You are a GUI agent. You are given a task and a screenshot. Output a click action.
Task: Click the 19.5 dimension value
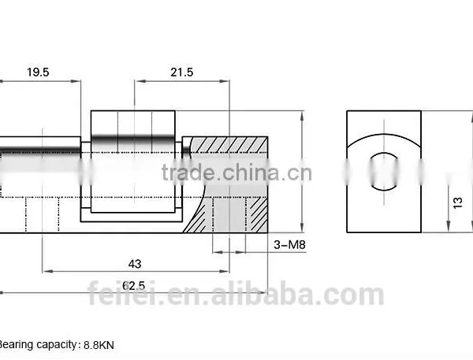click(x=38, y=72)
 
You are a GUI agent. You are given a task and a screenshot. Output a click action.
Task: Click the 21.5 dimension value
click(x=181, y=72)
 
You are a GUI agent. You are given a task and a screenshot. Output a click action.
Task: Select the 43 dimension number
click(x=135, y=264)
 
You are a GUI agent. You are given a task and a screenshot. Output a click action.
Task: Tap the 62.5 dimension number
click(x=134, y=285)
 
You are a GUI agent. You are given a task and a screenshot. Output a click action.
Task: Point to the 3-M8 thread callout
click(x=289, y=244)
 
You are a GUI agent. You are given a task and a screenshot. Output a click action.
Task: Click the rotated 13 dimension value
click(x=457, y=202)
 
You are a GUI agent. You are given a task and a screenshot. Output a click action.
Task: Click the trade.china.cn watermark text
click(x=236, y=173)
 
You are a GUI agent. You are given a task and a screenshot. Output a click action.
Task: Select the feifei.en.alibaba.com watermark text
click(x=236, y=293)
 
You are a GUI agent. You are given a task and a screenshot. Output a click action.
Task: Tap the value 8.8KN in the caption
click(x=99, y=345)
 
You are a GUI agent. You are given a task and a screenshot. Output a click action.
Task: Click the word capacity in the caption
click(x=57, y=344)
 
